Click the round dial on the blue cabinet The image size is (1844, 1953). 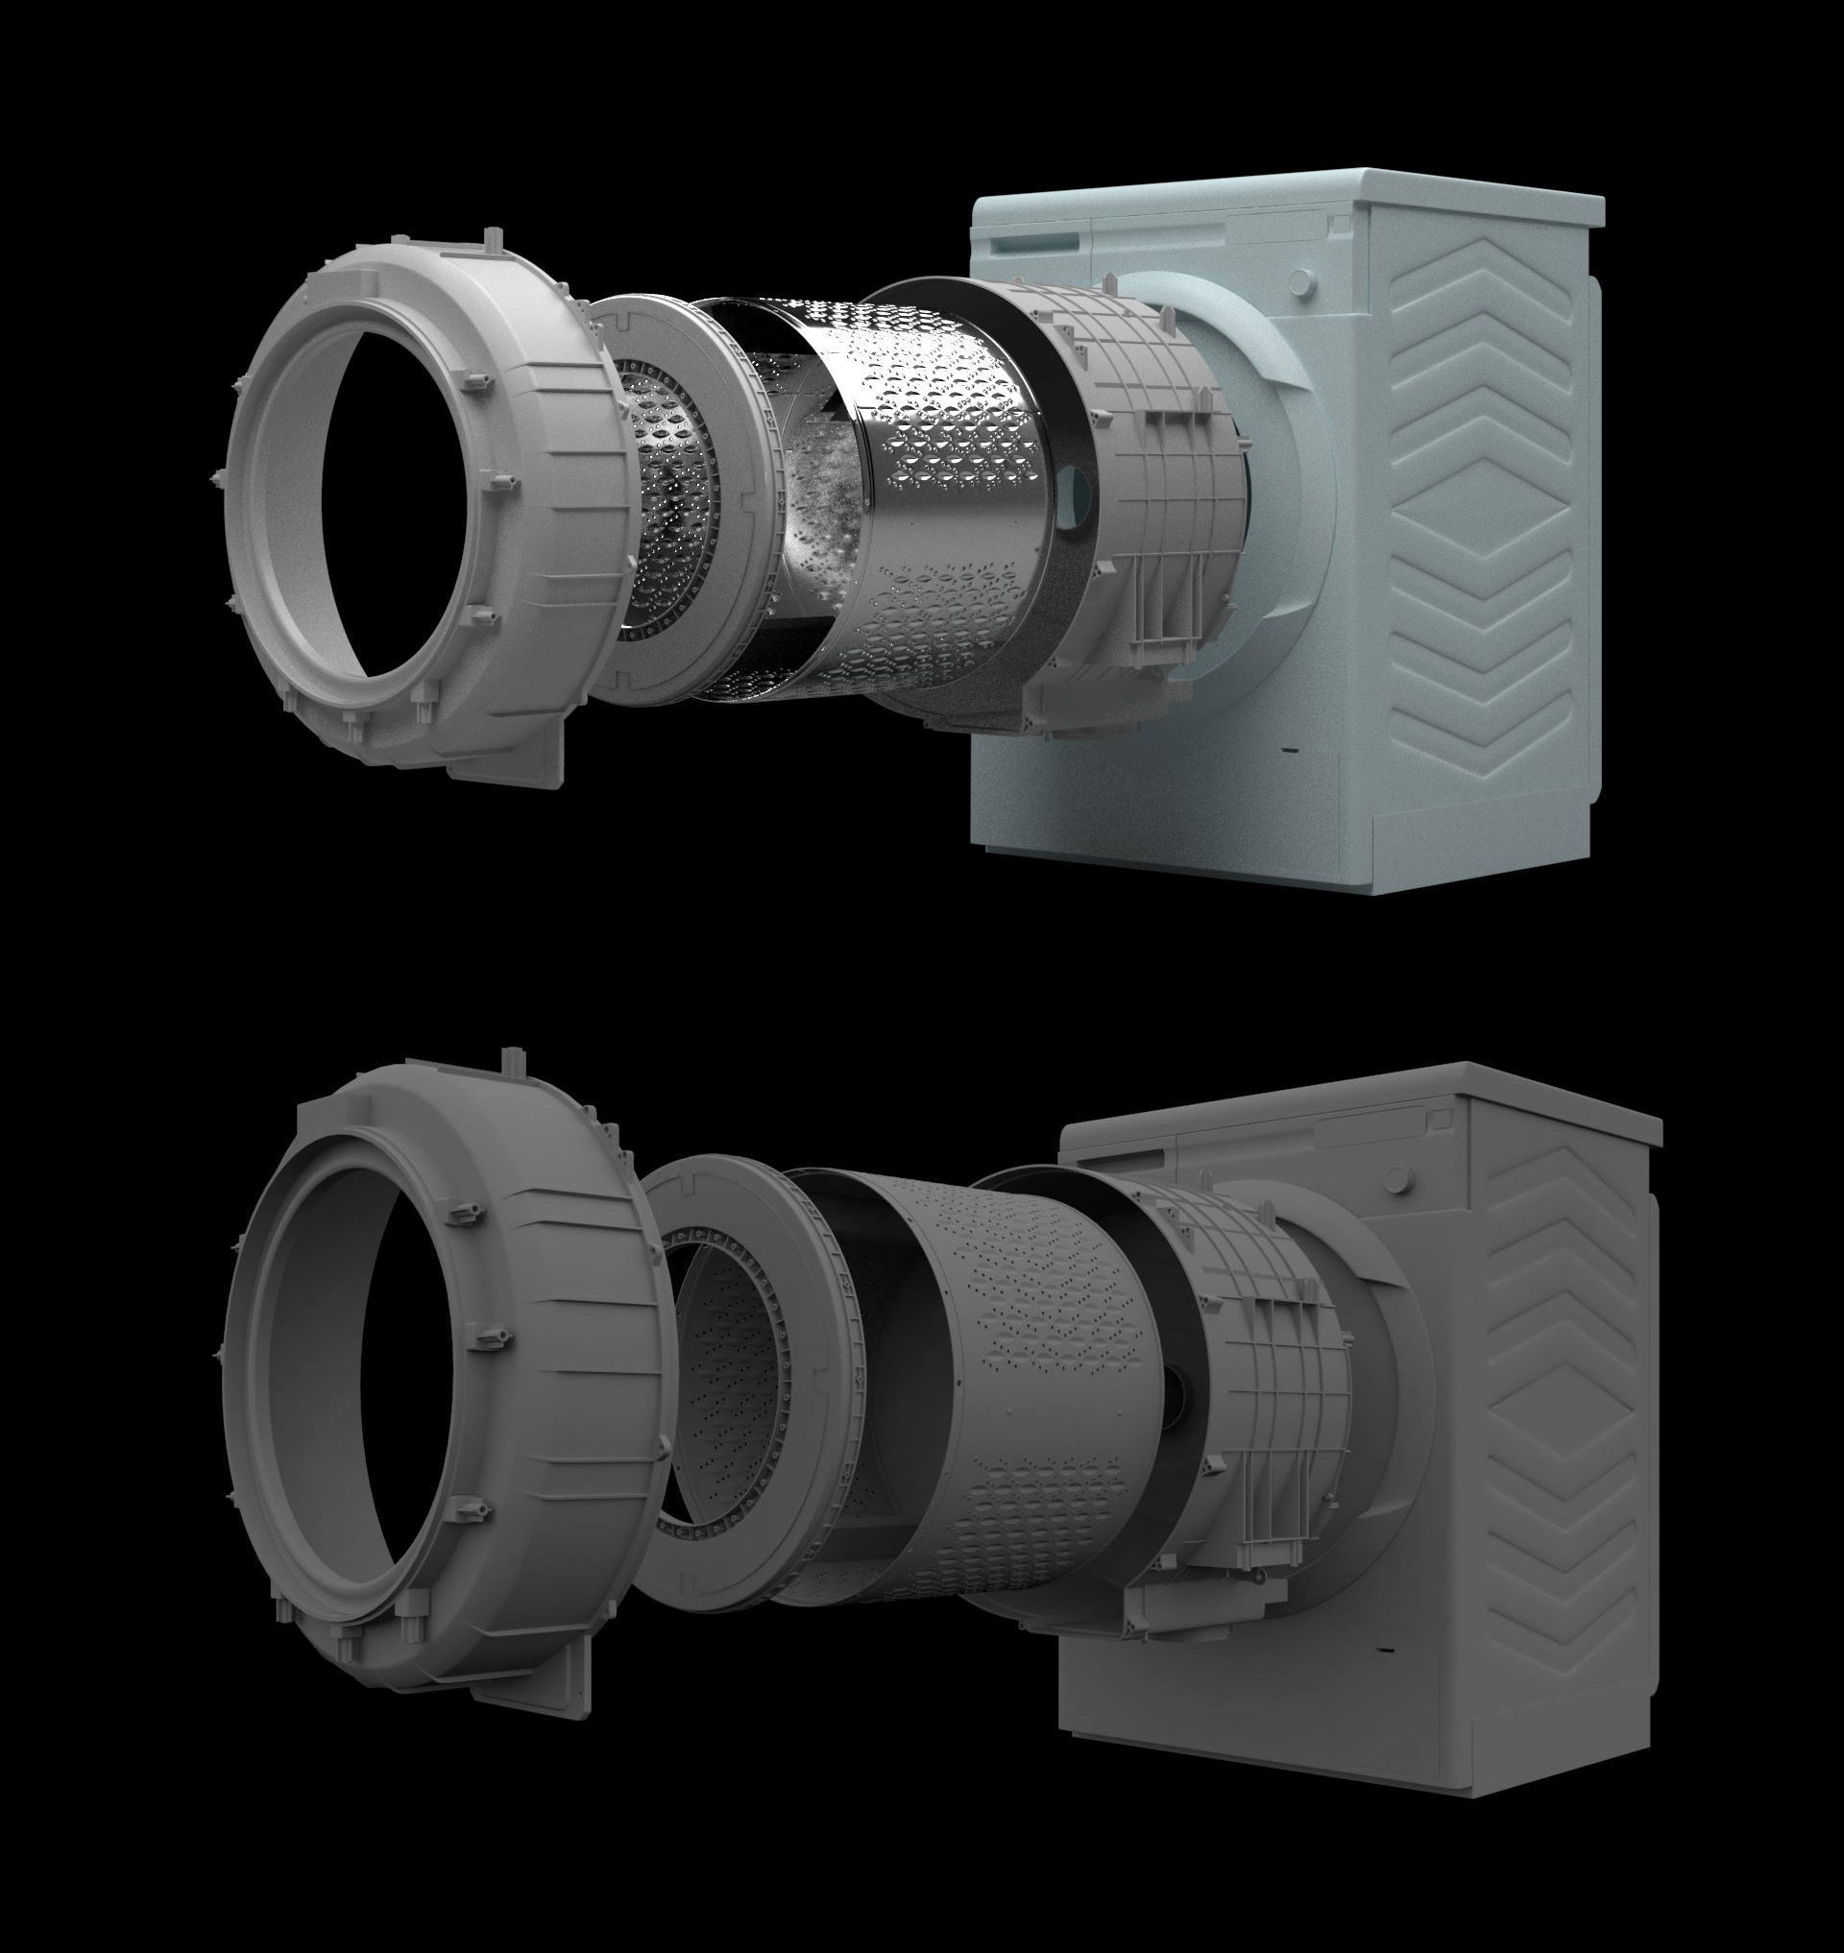(x=1300, y=282)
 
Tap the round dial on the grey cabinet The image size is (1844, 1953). (x=1398, y=1179)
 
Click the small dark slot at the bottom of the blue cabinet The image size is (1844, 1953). (x=1290, y=751)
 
